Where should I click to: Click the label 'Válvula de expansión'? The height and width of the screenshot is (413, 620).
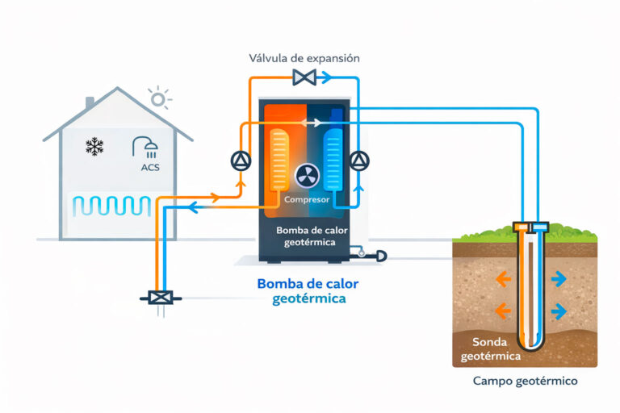click(x=305, y=58)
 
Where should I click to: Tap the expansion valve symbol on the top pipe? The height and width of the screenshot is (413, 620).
click(x=305, y=78)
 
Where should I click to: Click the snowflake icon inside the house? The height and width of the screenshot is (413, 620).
click(x=95, y=147)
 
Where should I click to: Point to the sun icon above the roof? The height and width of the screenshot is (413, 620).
click(x=158, y=98)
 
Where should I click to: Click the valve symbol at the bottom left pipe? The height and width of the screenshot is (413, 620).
click(x=160, y=297)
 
